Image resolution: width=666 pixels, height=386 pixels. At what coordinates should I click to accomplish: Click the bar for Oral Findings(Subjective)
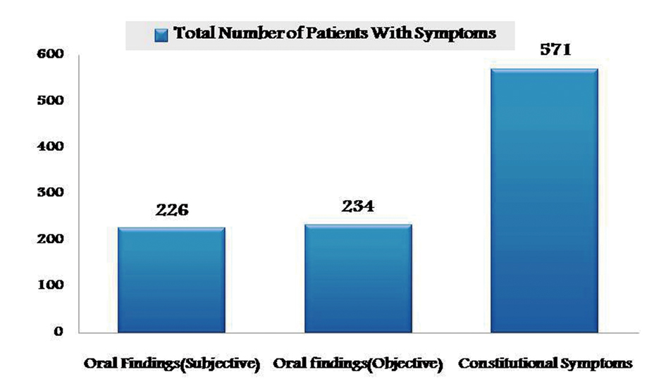tap(171, 280)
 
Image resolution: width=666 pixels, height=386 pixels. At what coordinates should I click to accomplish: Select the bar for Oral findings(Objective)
tap(358, 278)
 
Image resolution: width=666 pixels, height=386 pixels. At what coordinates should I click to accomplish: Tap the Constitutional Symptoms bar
tap(544, 200)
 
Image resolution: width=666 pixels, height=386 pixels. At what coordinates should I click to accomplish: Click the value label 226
tap(171, 211)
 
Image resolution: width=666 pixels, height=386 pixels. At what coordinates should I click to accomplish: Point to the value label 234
tap(358, 207)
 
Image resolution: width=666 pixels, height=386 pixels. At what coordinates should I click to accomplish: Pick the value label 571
tap(544, 51)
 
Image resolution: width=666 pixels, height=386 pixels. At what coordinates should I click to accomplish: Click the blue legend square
tap(161, 34)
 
